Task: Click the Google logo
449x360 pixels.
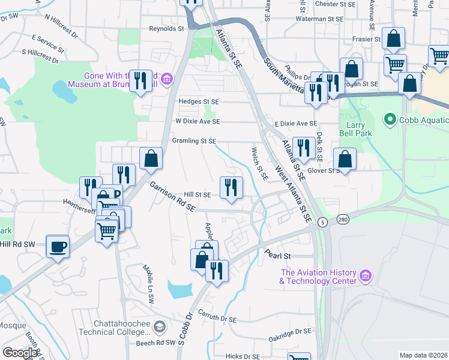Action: (x=20, y=353)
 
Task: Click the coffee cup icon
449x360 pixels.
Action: (x=58, y=247)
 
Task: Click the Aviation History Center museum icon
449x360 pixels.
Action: (x=366, y=276)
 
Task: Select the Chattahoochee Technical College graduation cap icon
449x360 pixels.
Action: (x=159, y=326)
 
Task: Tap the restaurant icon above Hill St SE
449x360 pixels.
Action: (x=231, y=188)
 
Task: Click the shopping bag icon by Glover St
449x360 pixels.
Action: (x=345, y=159)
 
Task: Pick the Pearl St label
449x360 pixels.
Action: (x=279, y=256)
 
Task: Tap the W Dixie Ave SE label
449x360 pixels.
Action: (x=197, y=121)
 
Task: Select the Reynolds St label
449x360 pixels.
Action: (x=166, y=28)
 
